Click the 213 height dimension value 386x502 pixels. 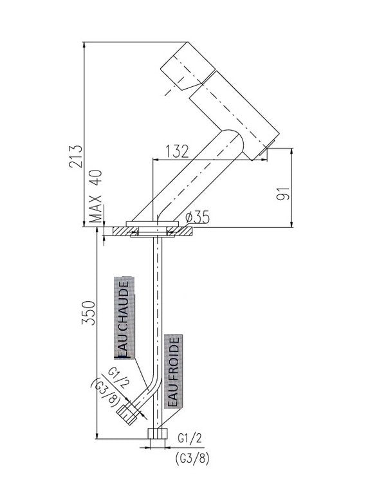click(x=76, y=156)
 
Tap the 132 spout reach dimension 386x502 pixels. click(x=177, y=151)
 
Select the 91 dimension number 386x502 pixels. click(x=283, y=193)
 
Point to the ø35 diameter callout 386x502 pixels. click(x=198, y=218)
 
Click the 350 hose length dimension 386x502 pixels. click(x=88, y=313)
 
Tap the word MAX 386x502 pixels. click(x=95, y=209)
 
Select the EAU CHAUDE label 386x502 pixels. click(x=124, y=319)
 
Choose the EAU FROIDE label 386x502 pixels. click(x=173, y=371)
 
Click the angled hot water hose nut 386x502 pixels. click(x=127, y=415)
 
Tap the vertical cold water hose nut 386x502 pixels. click(x=158, y=433)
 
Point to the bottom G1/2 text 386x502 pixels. click(x=190, y=438)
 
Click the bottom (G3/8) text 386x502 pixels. click(x=192, y=459)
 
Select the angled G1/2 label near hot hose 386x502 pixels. click(x=118, y=378)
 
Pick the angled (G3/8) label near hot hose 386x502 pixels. click(x=106, y=393)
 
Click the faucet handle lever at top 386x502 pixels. click(x=188, y=66)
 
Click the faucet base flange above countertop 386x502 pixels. click(x=152, y=224)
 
